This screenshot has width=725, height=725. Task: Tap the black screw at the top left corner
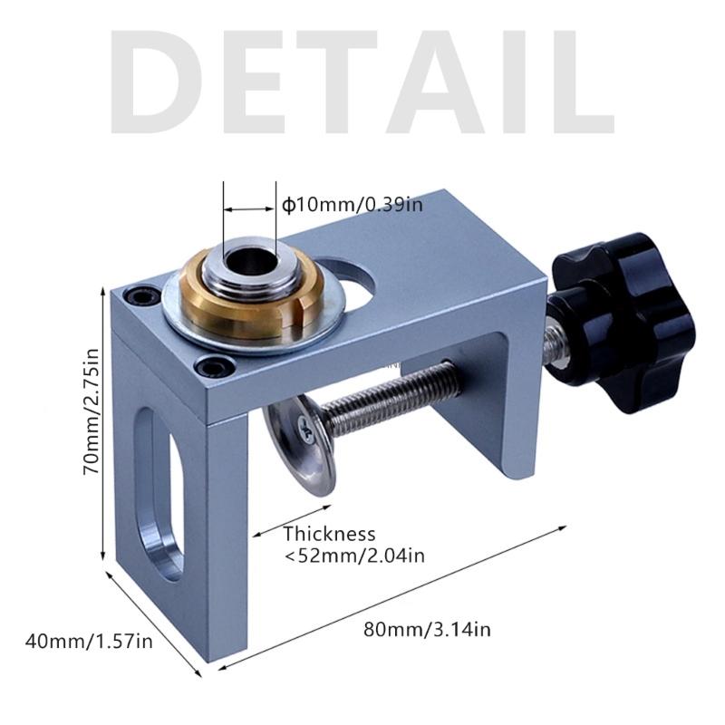[x=135, y=295]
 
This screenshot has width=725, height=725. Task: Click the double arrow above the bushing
[x=250, y=209]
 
